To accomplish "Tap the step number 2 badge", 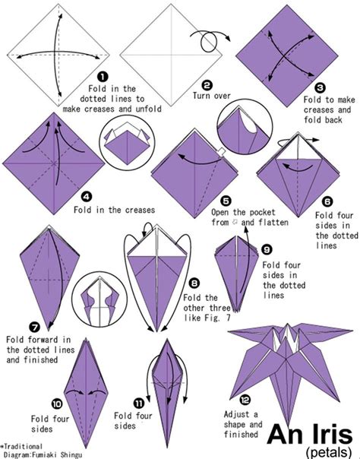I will [207, 85].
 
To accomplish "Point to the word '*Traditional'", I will [22, 445].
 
